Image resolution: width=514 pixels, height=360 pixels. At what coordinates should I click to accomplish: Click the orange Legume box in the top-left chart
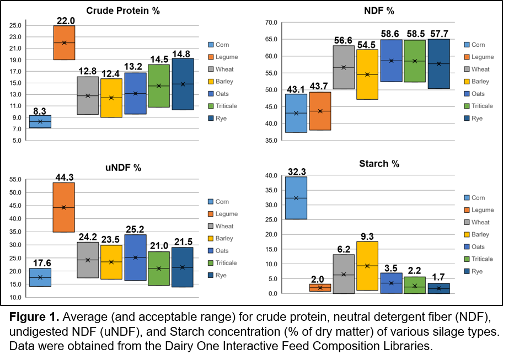click(x=64, y=42)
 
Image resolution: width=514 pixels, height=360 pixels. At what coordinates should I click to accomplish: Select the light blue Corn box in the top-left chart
click(x=40, y=121)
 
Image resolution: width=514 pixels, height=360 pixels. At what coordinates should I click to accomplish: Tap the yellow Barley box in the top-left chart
click(x=111, y=98)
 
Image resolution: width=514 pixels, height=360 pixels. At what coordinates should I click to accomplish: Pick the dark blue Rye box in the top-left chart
click(x=183, y=84)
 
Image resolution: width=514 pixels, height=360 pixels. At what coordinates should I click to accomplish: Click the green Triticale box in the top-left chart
click(x=159, y=85)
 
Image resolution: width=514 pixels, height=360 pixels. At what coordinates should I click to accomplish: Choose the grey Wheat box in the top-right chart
click(x=344, y=67)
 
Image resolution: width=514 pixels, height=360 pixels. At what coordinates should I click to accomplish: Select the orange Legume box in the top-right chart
click(x=320, y=111)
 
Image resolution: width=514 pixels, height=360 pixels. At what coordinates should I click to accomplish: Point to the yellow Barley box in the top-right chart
click(x=367, y=74)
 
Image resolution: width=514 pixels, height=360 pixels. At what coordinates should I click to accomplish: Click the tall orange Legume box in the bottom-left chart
click(x=63, y=207)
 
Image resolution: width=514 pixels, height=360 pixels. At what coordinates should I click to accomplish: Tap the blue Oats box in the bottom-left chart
click(x=135, y=257)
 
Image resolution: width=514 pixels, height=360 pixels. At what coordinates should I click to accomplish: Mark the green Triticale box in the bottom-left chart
click(x=159, y=268)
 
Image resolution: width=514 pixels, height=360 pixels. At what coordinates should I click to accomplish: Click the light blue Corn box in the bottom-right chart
click(x=296, y=197)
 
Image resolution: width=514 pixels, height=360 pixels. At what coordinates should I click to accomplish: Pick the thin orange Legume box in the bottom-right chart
click(x=320, y=287)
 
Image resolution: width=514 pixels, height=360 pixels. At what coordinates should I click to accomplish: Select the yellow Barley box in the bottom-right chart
click(x=367, y=266)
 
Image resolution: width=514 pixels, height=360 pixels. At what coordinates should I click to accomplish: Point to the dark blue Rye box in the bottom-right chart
click(x=438, y=288)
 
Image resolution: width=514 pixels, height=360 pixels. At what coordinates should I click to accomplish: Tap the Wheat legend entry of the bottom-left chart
click(x=224, y=226)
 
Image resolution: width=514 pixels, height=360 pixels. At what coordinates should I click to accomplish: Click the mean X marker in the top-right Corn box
click(x=296, y=113)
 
